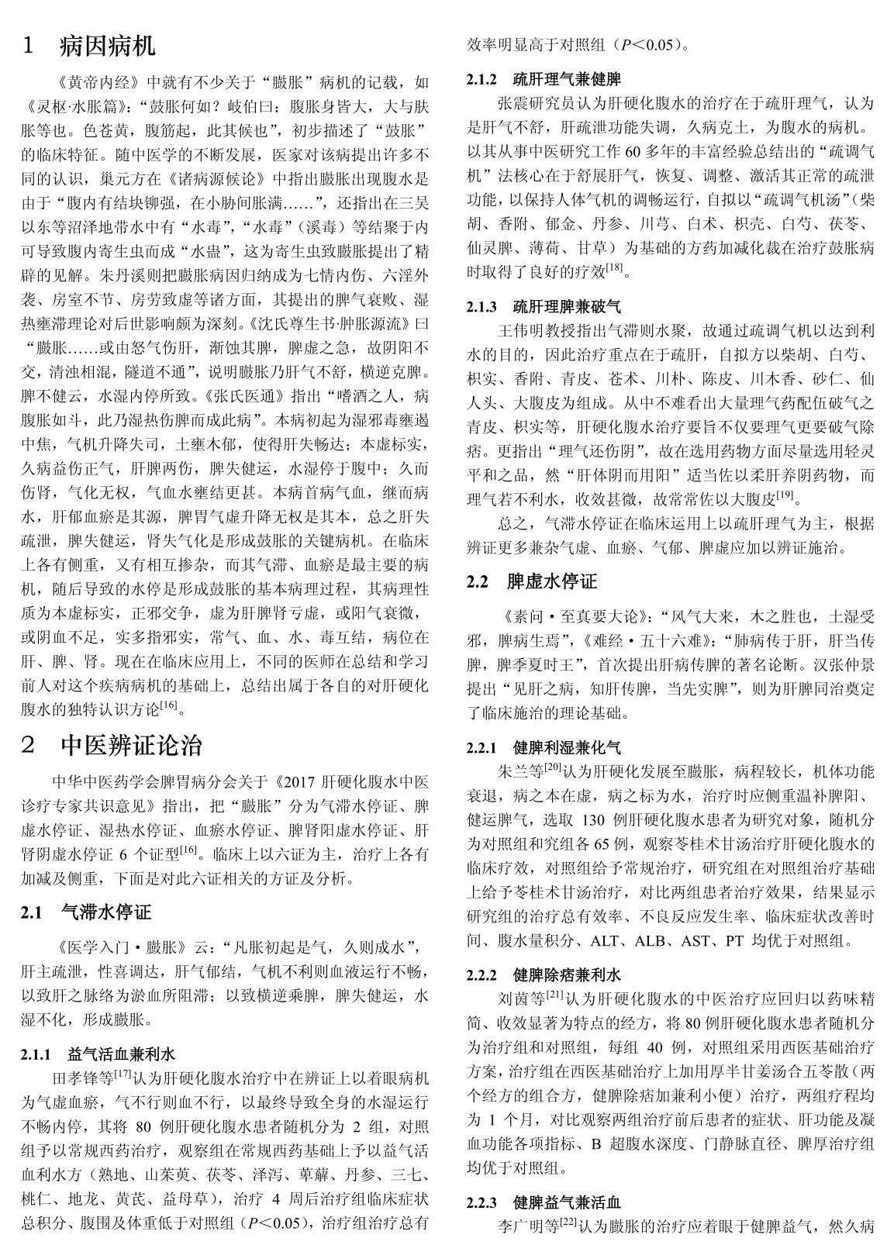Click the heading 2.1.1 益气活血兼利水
pyautogui.click(x=122, y=1054)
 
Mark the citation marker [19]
pyautogui.click(x=785, y=494)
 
